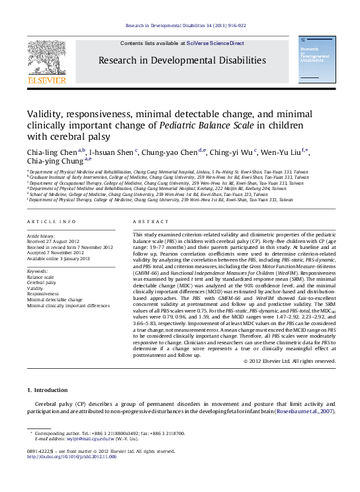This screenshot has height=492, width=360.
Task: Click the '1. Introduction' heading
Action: point(46,391)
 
